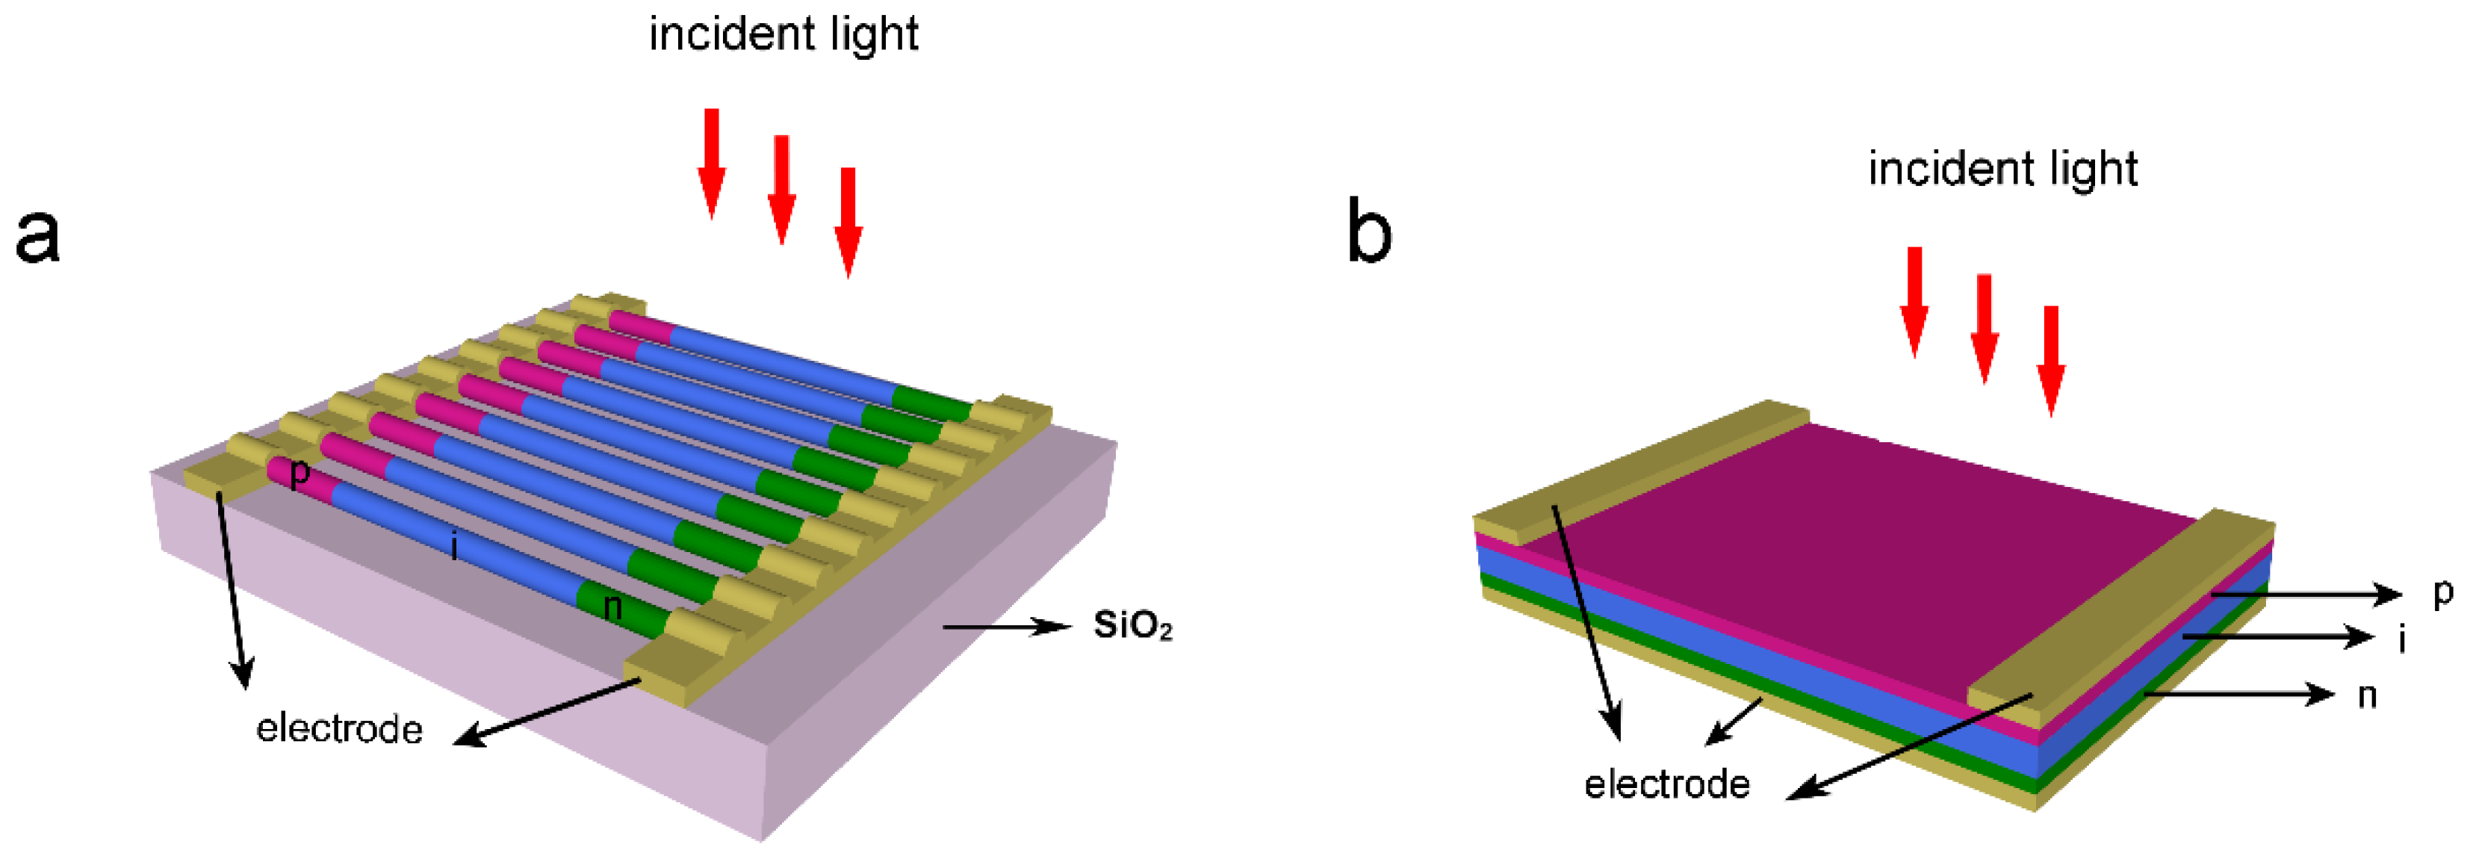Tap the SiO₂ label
click(x=1133, y=625)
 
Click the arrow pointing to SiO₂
click(x=1005, y=626)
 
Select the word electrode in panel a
click(x=339, y=729)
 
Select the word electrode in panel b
click(x=1666, y=784)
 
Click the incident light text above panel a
click(x=783, y=34)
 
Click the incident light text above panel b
click(x=2002, y=170)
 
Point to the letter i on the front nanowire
click(x=454, y=546)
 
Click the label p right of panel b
click(x=2443, y=593)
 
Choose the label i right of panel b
click(x=2402, y=638)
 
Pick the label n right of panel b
click(x=2366, y=695)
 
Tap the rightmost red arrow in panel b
click(x=2050, y=361)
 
